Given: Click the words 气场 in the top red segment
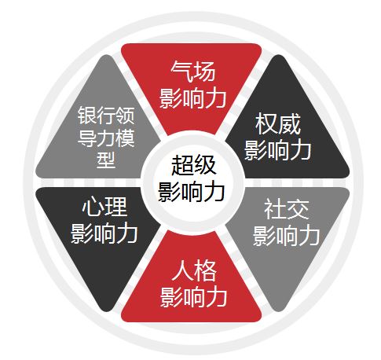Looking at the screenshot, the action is click(193, 71).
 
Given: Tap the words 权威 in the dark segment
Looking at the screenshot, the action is click(278, 124).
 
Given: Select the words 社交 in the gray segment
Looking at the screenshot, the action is click(286, 209).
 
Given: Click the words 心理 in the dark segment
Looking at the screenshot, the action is click(104, 207).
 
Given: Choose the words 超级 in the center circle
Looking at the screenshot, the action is click(193, 165).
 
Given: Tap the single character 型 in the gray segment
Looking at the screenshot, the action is click(106, 160).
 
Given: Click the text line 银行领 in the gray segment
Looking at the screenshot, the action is click(106, 116).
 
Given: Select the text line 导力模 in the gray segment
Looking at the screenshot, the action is click(106, 138).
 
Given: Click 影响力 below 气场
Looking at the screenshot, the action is click(193, 98).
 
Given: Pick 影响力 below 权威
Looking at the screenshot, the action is click(278, 150).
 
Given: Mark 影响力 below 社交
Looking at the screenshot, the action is click(286, 236).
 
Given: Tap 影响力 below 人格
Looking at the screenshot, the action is click(193, 297).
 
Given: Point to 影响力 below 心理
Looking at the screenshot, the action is click(104, 233).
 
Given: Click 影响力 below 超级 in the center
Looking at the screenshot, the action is click(192, 192).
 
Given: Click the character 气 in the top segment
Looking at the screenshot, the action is click(181, 71).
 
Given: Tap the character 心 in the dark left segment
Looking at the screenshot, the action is click(93, 207).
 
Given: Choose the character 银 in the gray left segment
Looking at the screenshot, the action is click(86, 116).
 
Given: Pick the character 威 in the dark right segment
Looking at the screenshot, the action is click(289, 124).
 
